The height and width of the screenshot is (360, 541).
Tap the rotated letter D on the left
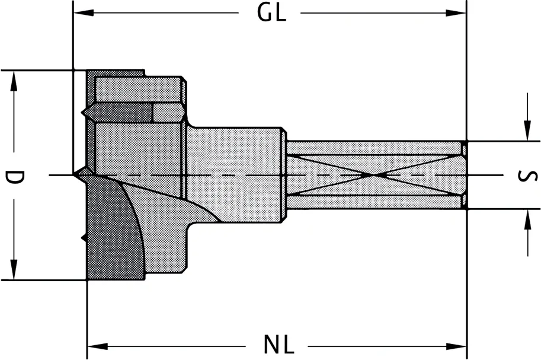tap(14, 176)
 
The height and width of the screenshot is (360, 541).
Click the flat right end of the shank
tap(465, 175)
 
